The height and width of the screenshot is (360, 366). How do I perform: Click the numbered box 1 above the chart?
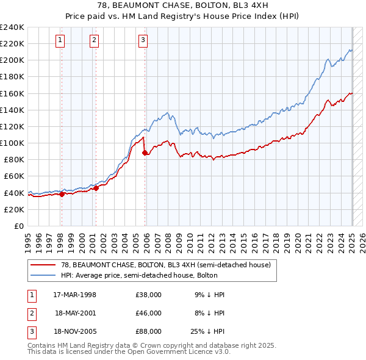[61, 41]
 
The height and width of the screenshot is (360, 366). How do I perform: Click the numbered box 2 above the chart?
[95, 41]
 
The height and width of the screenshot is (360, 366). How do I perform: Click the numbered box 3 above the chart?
[143, 41]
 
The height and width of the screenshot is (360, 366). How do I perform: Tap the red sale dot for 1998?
[62, 194]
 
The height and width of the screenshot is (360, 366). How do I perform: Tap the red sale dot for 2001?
[96, 188]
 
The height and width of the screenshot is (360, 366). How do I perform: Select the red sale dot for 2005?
[145, 153]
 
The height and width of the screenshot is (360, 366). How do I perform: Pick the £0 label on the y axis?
[18, 226]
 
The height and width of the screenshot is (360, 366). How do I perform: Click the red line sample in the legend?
[43, 265]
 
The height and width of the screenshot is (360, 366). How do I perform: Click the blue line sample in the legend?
[43, 275]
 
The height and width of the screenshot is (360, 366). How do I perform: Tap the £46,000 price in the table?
[149, 313]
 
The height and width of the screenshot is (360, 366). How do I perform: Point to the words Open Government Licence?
[184, 352]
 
